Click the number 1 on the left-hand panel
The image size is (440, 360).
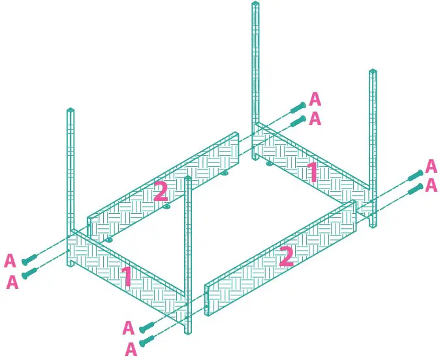(x=127, y=277)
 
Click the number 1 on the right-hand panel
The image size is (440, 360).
(x=313, y=172)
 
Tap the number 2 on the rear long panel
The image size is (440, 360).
(x=161, y=191)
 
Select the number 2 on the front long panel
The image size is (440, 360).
(x=285, y=256)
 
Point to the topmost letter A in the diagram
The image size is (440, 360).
(x=315, y=99)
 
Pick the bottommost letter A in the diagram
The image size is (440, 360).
(x=131, y=349)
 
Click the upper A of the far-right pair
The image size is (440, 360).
(x=431, y=166)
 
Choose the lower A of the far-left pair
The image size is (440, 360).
(x=12, y=282)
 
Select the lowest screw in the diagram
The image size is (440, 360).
(x=146, y=340)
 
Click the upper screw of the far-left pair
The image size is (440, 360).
(x=29, y=260)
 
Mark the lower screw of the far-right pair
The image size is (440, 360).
(x=415, y=190)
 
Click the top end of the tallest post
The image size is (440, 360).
(x=255, y=5)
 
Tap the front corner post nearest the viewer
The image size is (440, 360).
(x=188, y=254)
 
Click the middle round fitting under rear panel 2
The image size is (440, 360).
(x=167, y=207)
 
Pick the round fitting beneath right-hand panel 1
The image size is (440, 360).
(x=269, y=164)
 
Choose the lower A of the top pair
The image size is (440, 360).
(x=315, y=119)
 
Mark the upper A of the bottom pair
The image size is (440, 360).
(x=128, y=328)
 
